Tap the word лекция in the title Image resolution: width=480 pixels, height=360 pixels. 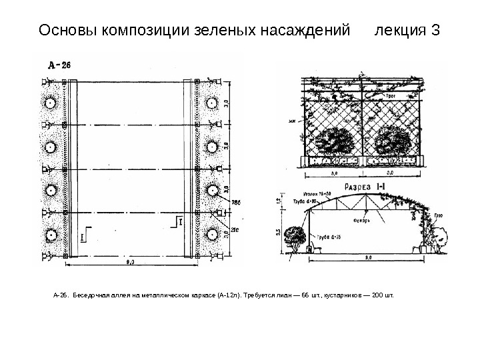click(401, 30)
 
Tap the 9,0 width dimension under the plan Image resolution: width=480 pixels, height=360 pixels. click(130, 263)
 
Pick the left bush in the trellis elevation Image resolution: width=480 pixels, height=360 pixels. click(334, 143)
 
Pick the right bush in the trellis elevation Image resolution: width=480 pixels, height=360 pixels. click(393, 143)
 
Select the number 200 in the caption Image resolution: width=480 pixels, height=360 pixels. click(382, 293)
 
